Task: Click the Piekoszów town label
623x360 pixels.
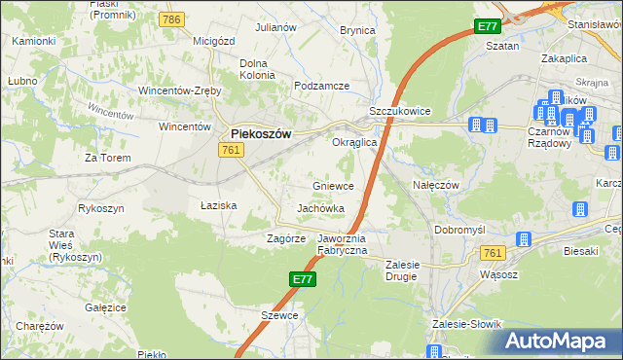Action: click(x=260, y=134)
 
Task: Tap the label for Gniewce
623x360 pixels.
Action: click(x=333, y=185)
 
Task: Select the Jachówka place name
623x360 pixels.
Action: click(x=320, y=208)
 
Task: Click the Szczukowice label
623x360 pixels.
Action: click(x=399, y=112)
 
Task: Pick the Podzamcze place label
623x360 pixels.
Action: click(x=321, y=86)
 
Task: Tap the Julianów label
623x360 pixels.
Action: click(x=275, y=27)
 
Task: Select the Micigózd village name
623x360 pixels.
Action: click(x=216, y=41)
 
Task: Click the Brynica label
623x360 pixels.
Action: click(x=357, y=30)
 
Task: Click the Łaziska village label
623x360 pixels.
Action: click(x=219, y=205)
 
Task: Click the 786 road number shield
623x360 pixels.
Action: click(x=173, y=19)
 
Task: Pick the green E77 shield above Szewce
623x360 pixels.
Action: click(x=302, y=279)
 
